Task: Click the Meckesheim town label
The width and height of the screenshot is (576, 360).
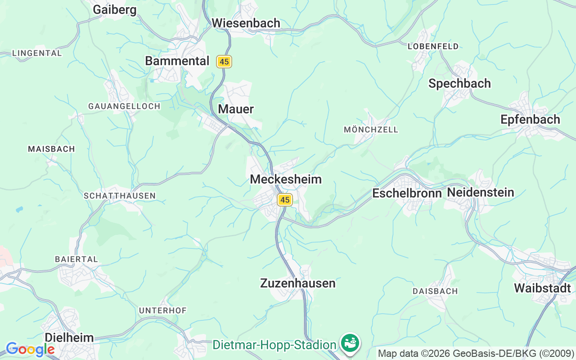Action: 286,179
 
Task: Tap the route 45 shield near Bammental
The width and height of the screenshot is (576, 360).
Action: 224,62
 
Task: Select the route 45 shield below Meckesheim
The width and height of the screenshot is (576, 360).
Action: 284,200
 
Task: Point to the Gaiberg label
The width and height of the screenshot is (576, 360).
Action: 115,9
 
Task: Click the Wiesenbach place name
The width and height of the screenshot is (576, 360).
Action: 246,23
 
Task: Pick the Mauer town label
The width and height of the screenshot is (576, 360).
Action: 236,109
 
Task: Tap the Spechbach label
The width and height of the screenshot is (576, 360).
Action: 459,83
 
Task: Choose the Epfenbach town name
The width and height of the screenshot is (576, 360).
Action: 530,119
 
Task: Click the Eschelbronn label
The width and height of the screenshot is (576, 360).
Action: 407,193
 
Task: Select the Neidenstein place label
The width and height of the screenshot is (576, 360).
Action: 480,193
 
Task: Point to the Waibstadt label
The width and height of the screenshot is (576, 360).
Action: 542,288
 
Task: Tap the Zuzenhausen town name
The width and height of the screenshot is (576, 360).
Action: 298,283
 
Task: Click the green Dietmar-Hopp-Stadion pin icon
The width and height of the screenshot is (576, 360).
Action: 350,343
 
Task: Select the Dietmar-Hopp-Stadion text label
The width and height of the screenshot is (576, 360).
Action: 274,345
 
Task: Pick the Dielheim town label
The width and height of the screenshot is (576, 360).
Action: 69,337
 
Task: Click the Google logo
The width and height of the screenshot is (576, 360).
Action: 30,349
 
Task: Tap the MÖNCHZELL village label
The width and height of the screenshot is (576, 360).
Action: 371,130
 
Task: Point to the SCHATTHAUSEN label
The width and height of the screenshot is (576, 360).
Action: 120,196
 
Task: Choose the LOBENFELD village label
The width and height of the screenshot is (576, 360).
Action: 433,46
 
